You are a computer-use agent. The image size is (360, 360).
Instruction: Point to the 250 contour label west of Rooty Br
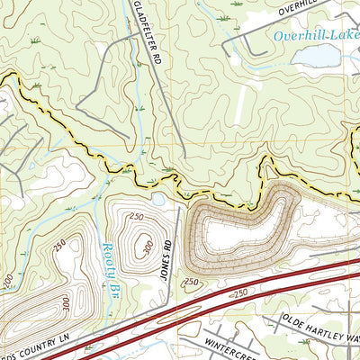tap(61, 245)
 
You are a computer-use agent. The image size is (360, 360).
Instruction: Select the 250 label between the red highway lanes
tap(240, 293)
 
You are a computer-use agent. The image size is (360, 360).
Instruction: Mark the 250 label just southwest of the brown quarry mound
tap(190, 282)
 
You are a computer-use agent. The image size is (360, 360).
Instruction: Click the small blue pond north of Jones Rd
tap(159, 198)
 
